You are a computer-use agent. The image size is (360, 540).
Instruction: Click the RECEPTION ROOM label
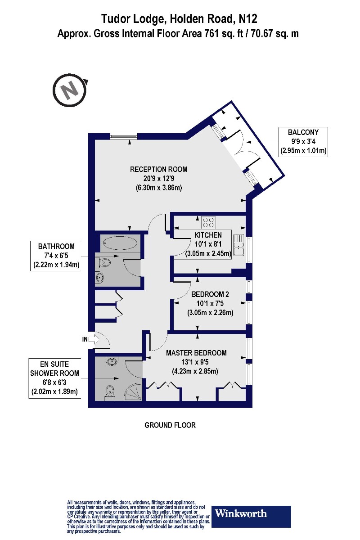point(158,170)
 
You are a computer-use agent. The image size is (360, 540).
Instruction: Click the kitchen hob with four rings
point(208,222)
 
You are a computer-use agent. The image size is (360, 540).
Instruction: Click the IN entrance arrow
point(90,339)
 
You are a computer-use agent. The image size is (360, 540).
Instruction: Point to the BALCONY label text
point(303,132)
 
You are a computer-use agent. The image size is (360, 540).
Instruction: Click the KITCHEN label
point(208,235)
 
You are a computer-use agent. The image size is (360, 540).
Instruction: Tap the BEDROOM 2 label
point(210,295)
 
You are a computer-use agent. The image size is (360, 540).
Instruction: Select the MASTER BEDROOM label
point(196,353)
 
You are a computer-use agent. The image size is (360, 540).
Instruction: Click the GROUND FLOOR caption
point(170,425)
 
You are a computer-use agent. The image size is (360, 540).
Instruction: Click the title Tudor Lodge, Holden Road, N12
point(179,18)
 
